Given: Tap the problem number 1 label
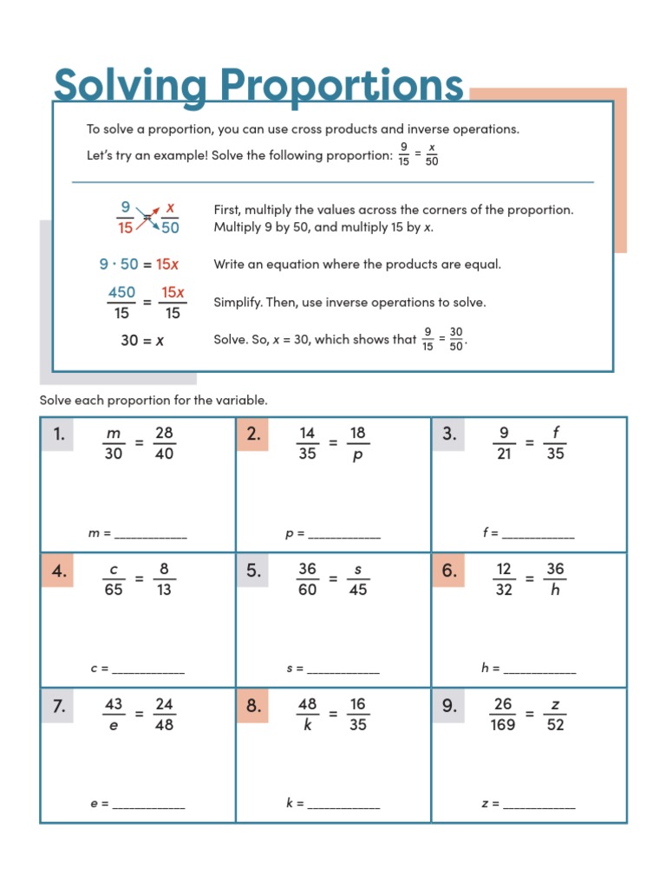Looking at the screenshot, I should (58, 434).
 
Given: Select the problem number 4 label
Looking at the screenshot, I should (58, 571).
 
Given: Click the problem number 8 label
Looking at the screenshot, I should (252, 706).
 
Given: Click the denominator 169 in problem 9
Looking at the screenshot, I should (502, 725).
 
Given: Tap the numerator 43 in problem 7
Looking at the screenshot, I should (114, 704).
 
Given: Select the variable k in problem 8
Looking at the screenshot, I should (307, 725).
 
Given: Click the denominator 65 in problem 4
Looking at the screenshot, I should (114, 590).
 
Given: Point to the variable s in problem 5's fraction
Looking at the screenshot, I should (357, 570).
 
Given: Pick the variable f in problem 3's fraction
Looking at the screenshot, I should (555, 433).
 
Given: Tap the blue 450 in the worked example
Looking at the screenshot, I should (121, 292).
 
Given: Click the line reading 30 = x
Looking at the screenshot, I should (142, 341).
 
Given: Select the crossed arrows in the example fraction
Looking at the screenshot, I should (147, 217).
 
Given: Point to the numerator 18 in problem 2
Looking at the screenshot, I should (357, 433).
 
